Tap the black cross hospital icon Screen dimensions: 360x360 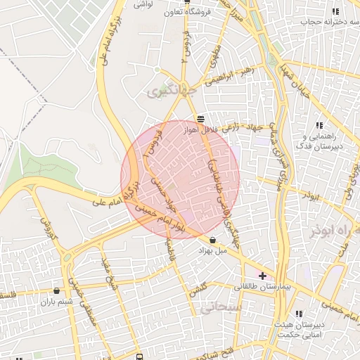click(263, 276)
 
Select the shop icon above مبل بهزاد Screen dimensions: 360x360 click(212, 240)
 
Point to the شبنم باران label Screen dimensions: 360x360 click(56, 301)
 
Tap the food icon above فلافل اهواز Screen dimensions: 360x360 click(201, 119)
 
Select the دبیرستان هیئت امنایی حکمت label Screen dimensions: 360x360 click(296, 328)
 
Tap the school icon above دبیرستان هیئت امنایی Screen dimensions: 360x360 click(298, 314)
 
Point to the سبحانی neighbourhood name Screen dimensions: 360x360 click(220, 308)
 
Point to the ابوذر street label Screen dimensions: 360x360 click(309, 195)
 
